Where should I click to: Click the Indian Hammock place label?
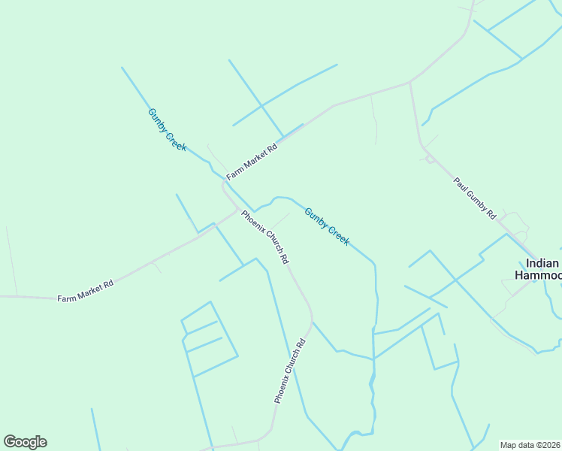coord(541,269)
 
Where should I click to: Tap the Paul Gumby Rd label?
coord(475,198)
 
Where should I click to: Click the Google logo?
coord(25,442)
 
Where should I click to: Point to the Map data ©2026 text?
coord(530,445)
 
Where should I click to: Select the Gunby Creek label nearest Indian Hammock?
coord(327,225)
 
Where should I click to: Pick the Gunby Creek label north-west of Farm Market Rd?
coord(167,129)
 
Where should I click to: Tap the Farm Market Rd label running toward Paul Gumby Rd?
coord(252,160)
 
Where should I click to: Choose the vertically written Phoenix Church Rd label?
coord(290,371)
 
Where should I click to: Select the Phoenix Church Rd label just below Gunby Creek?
coord(264,236)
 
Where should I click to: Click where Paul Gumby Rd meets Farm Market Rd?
coord(409,82)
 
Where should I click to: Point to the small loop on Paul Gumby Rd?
coord(430,159)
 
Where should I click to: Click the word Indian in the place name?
coord(542,263)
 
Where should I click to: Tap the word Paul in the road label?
coord(461,183)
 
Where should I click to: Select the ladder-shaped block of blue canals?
coord(208,338)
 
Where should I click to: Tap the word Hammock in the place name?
coord(538,275)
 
